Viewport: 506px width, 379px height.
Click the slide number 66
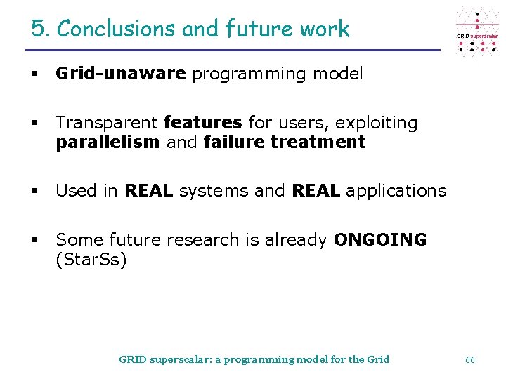click(470, 359)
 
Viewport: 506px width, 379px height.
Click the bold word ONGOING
click(380, 240)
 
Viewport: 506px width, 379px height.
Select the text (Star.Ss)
click(91, 260)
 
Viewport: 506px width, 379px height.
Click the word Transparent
click(106, 123)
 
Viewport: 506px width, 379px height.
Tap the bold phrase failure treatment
click(284, 142)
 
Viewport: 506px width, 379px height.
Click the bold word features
click(202, 123)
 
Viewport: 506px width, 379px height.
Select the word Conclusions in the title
click(116, 29)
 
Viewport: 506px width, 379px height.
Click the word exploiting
click(376, 123)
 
